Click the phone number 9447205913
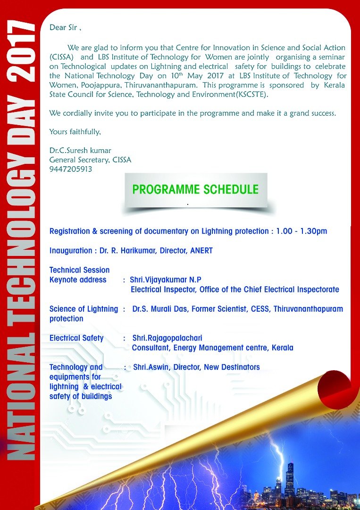click(x=71, y=169)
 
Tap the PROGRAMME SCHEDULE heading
click(x=195, y=190)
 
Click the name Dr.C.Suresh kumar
click(x=80, y=151)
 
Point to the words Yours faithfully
click(x=75, y=132)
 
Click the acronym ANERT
click(x=201, y=251)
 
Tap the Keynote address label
click(x=78, y=280)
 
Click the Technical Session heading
click(x=79, y=270)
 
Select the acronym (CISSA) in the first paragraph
click(x=62, y=57)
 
